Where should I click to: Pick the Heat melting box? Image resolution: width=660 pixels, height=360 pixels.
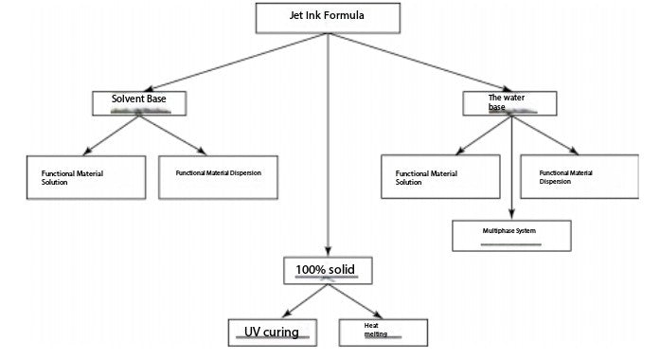point(383,331)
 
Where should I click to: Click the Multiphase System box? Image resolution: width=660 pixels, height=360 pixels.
point(511,235)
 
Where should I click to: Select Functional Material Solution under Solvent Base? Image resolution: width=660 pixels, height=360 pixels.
point(86,177)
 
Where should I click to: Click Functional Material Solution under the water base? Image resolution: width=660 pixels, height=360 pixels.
point(439,177)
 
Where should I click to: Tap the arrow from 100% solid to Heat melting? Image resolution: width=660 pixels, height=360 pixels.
point(354,300)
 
